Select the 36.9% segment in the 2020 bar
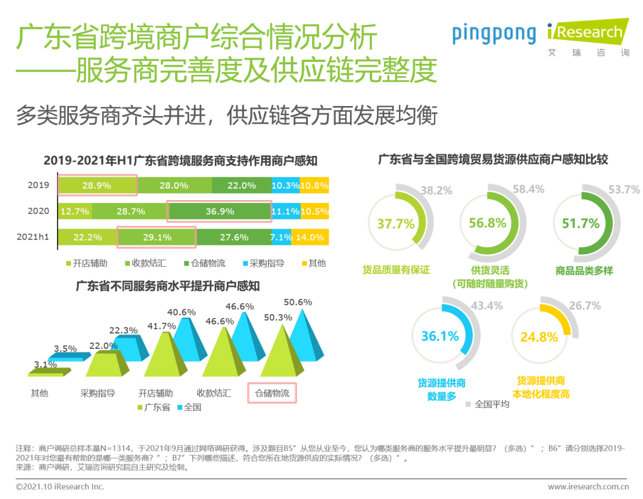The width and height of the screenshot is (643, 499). tap(219, 211)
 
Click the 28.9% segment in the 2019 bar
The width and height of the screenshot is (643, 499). tap(97, 185)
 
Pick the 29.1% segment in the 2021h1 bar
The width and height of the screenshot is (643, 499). tap(157, 237)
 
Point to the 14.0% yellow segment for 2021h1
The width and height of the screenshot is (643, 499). tap(314, 237)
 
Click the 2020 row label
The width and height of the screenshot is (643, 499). tap(38, 211)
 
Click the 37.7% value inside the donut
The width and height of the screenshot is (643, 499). tap(395, 224)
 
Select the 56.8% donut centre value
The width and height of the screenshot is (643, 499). tap(488, 223)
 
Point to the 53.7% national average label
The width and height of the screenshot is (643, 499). tap(624, 190)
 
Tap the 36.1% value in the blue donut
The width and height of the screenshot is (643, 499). tap(440, 336)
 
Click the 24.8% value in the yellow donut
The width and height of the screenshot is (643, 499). tap(539, 337)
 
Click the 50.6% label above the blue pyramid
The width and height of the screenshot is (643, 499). tap(298, 302)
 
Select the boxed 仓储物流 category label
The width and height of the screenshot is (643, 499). tap(271, 393)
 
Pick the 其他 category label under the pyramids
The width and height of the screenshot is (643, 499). tap(39, 393)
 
